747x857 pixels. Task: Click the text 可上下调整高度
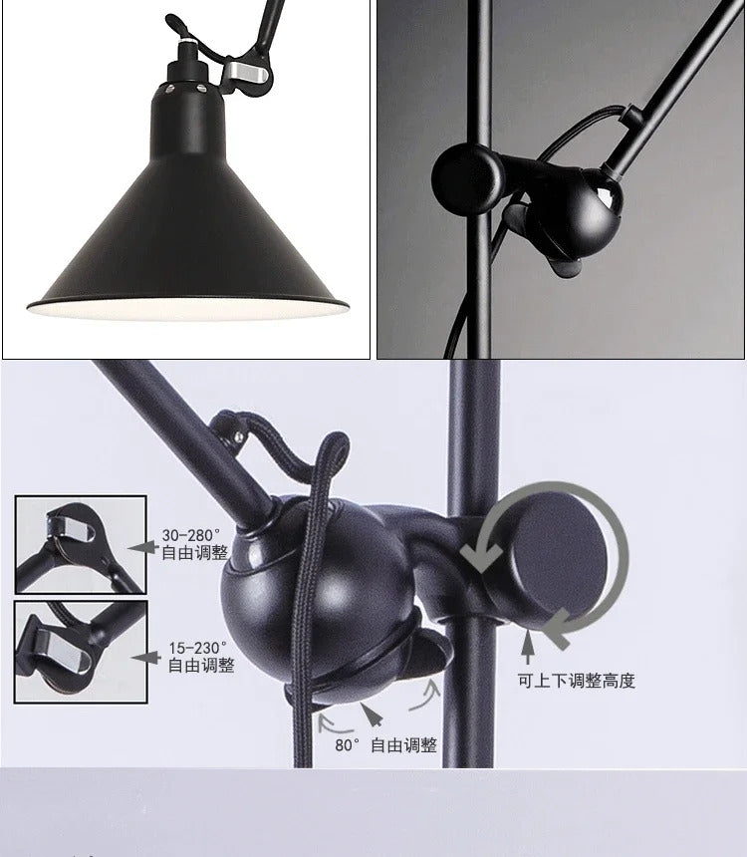(576, 681)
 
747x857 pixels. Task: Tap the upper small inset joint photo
(81, 544)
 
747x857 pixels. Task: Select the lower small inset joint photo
(81, 650)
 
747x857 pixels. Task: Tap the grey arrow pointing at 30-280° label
(145, 546)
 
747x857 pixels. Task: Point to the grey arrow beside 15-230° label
(147, 658)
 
